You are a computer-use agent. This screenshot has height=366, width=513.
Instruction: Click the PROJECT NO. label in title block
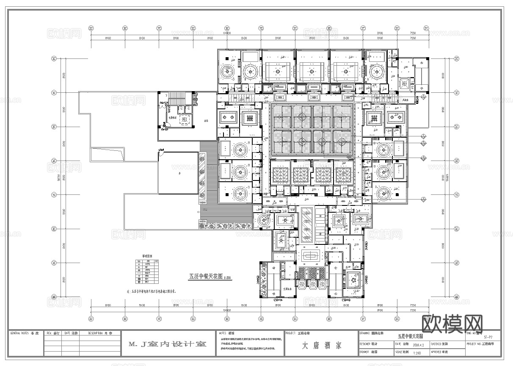tap(474, 344)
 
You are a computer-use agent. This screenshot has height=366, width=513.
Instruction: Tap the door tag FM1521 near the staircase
tap(164, 103)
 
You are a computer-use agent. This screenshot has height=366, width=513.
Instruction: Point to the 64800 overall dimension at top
tap(227, 33)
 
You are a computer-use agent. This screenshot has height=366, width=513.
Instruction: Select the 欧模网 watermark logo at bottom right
tap(452, 324)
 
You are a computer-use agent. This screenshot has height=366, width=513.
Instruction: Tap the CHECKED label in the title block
tap(438, 344)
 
